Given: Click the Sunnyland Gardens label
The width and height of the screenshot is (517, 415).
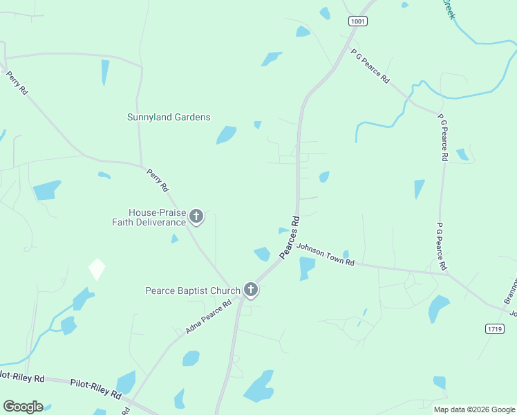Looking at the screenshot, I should [x=169, y=118].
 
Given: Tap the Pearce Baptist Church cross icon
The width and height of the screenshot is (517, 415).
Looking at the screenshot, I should [x=251, y=290].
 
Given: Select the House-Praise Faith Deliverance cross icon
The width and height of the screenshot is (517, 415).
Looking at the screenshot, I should [x=196, y=217].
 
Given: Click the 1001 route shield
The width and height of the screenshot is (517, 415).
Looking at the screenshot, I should [x=357, y=21].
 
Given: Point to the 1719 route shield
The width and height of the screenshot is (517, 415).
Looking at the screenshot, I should [x=493, y=329].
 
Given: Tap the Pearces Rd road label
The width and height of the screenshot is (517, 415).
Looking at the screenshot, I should [x=291, y=239].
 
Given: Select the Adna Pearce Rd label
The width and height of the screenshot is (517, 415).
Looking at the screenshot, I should [x=208, y=317].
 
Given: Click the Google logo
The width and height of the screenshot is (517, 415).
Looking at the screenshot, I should [x=23, y=407].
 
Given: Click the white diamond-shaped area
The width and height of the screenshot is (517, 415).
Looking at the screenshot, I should [x=97, y=269].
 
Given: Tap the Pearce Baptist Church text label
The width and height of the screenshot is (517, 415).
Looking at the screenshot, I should [x=192, y=291].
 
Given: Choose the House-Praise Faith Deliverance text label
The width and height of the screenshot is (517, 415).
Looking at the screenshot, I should [x=149, y=217].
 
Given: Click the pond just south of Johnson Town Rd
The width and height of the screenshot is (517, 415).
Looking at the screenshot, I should [x=306, y=268].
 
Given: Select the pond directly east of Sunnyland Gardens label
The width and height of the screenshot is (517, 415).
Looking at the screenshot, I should [x=226, y=134].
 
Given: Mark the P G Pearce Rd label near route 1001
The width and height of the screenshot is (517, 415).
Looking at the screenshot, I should [x=370, y=66].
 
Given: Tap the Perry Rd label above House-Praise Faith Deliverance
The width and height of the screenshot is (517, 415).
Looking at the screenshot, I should [x=158, y=179].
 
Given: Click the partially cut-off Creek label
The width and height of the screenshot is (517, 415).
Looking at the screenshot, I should [x=449, y=9].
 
